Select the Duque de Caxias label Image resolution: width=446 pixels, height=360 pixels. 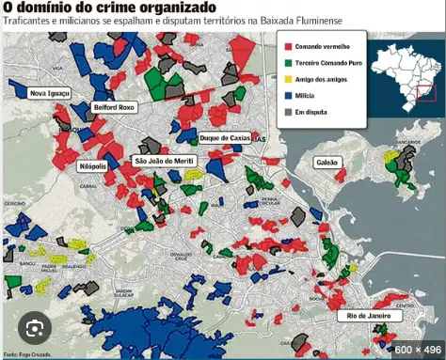[226, 139]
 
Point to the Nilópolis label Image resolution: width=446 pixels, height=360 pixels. [92, 166]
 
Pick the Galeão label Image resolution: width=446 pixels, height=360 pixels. [327, 161]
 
